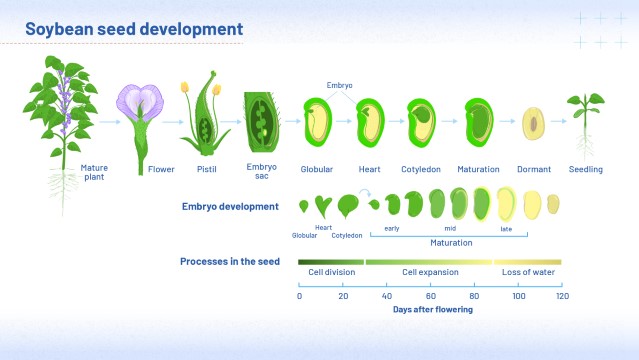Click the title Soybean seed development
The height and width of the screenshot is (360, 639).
134,28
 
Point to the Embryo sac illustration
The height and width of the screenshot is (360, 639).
263,121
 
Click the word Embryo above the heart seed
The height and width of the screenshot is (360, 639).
340,86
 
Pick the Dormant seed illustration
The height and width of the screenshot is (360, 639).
534,124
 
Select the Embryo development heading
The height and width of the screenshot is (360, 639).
230,207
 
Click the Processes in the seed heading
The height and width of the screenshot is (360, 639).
229,261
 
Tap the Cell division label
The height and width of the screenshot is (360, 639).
329,272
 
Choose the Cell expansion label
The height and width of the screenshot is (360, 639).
430,272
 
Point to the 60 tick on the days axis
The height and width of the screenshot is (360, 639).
430,296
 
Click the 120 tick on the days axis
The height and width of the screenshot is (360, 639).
562,296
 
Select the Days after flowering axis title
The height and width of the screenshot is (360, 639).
432,310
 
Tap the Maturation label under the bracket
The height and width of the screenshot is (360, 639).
451,242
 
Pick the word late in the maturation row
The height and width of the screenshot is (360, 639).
506,229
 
